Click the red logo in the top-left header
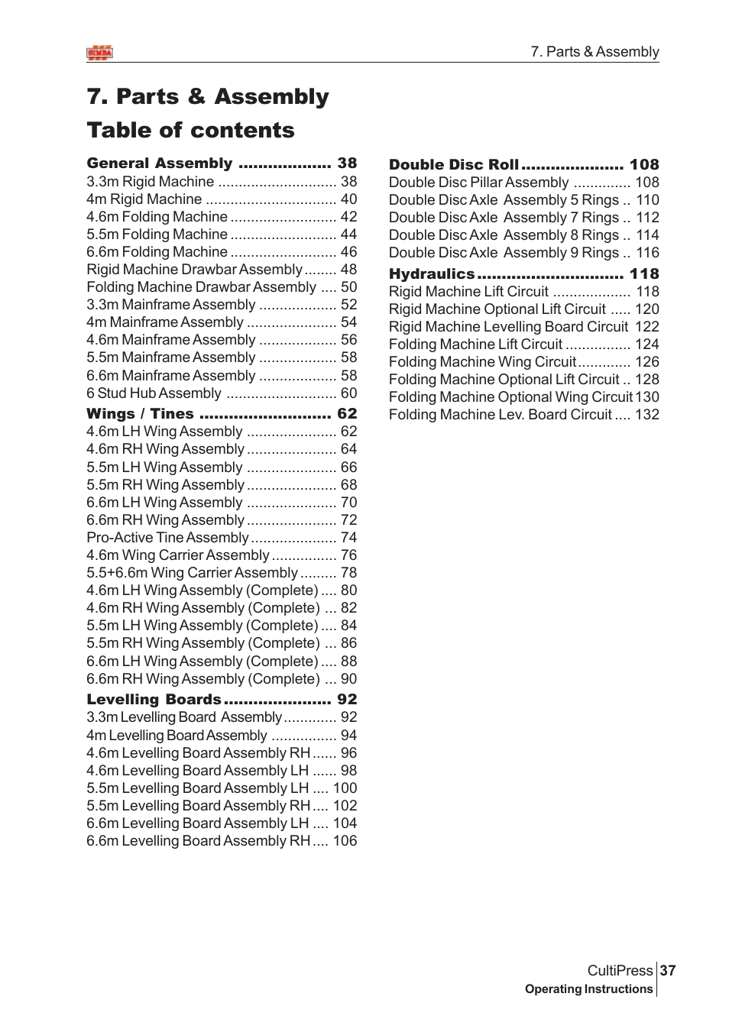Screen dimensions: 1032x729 tap(99, 53)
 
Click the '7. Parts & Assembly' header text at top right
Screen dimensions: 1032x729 tap(595, 52)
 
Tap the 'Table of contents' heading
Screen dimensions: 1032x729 tap(190, 130)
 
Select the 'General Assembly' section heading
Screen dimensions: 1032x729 tap(160, 163)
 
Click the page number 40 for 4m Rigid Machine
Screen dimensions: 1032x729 tap(348, 199)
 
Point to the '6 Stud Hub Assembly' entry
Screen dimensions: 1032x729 tap(154, 393)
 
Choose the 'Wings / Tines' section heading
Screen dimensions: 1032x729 tap(140, 413)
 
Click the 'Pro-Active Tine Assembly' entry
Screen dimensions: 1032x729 tap(167, 537)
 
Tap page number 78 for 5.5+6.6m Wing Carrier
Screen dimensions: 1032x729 tap(348, 572)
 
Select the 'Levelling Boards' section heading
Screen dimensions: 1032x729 tap(154, 699)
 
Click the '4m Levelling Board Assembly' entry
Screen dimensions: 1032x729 tap(177, 735)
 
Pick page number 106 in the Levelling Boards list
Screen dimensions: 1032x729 tap(345, 840)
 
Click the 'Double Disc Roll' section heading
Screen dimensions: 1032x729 tap(454, 164)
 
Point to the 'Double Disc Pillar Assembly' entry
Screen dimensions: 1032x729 tap(478, 182)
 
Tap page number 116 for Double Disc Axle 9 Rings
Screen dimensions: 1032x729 tap(647, 252)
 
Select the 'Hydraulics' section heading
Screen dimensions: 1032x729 tap(432, 273)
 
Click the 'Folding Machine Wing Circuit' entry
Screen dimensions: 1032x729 tap(482, 361)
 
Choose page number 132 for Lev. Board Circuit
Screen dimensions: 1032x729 tap(647, 414)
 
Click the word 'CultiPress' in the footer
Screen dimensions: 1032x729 tap(620, 970)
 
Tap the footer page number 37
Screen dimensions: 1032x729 tap(668, 970)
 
